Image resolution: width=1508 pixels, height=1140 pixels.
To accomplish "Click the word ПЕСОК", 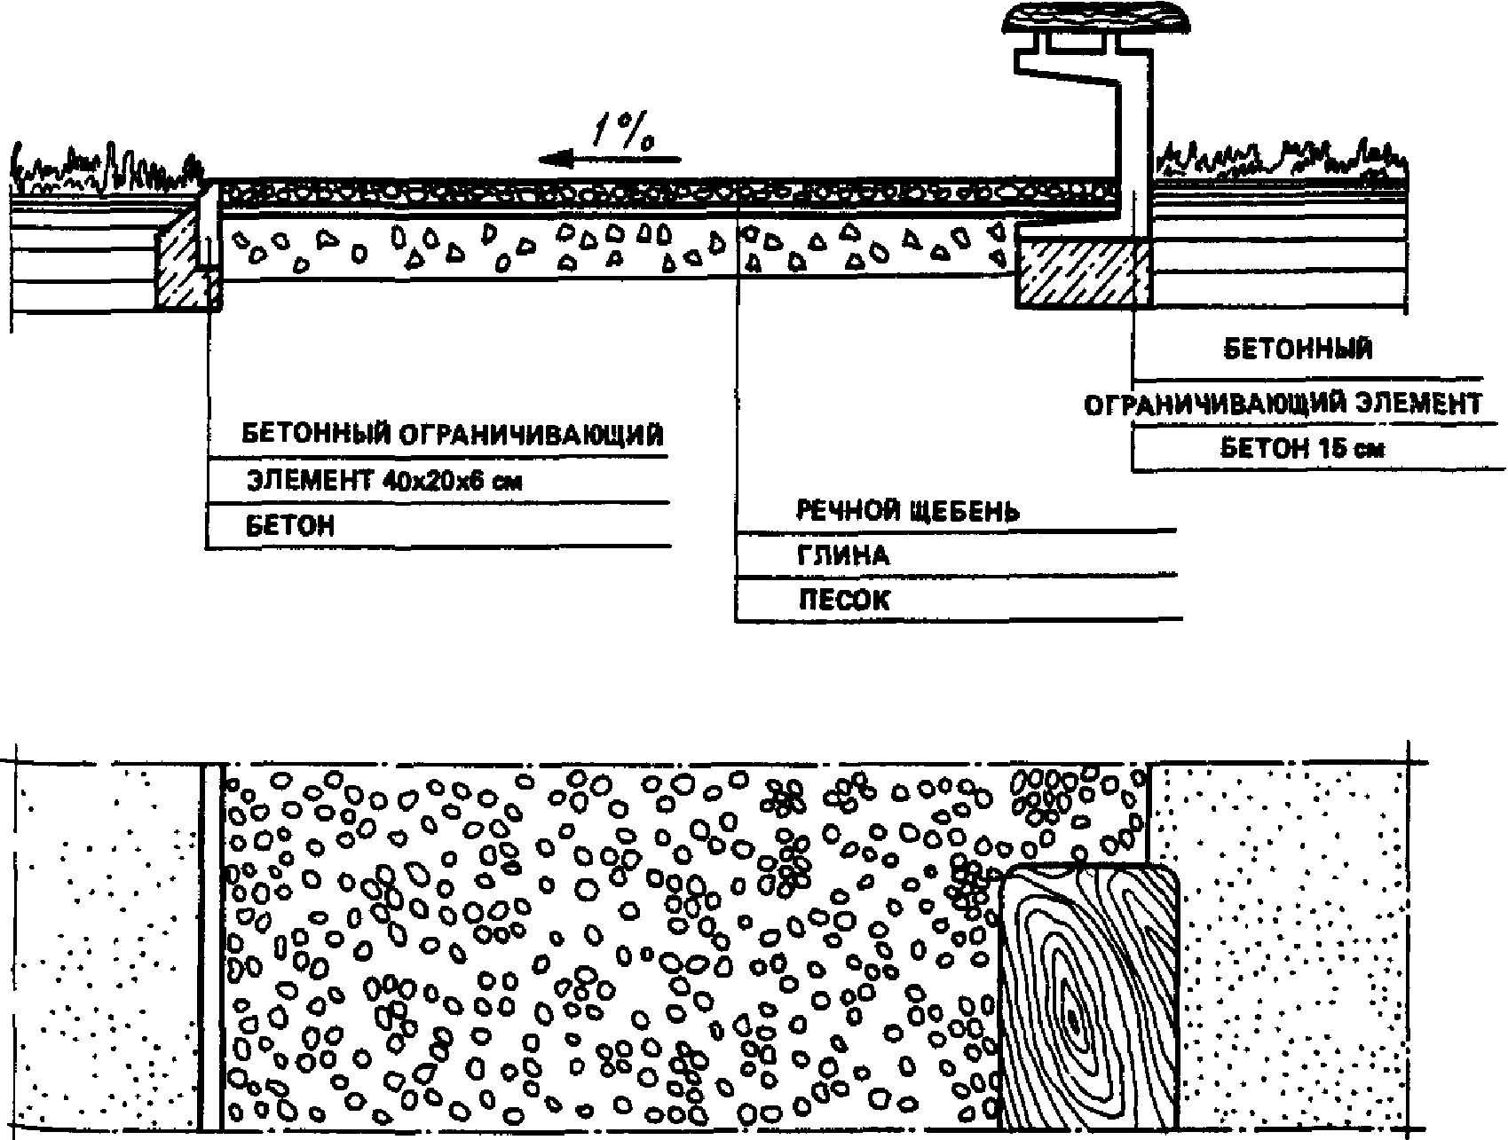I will click(x=843, y=600).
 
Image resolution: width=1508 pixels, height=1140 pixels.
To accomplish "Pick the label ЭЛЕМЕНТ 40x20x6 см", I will click(x=383, y=481).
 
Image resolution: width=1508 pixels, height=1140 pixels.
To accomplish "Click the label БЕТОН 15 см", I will click(x=1302, y=448).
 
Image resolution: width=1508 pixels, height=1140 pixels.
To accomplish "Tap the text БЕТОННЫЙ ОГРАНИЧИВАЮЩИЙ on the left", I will click(x=453, y=436).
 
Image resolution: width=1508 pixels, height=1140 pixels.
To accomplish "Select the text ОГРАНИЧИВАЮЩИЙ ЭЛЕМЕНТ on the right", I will click(x=1283, y=405).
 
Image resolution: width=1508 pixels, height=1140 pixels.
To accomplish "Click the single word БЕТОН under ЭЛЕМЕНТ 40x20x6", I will click(x=290, y=526).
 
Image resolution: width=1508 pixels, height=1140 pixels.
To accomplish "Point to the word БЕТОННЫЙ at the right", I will click(x=1298, y=349).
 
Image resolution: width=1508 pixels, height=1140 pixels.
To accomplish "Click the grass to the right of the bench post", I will click(x=1278, y=161).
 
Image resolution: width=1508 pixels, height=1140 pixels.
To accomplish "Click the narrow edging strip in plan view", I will click(x=210, y=945).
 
